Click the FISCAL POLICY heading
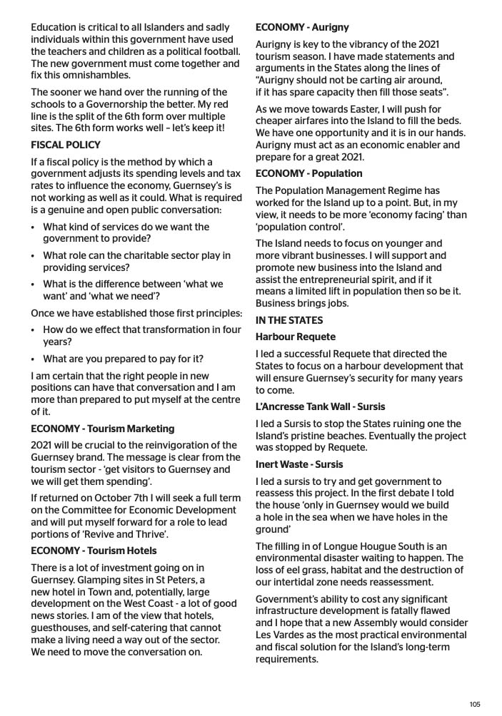point(66,145)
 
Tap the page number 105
point(475,704)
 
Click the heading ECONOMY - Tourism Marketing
point(102,429)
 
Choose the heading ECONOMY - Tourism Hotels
point(94,551)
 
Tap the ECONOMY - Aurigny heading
point(302,28)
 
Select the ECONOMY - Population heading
point(308,173)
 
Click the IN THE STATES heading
point(289,320)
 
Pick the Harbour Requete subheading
point(295,337)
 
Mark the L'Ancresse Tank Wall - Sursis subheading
point(320,406)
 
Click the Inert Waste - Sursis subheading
point(299,464)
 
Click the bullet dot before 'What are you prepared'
point(34,359)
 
